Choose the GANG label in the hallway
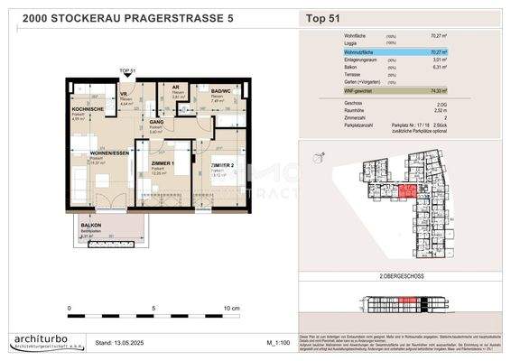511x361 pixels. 155,121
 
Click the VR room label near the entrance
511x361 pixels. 125,94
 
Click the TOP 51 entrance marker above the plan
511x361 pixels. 126,70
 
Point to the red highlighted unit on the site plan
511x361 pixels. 408,190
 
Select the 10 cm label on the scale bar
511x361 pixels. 231,309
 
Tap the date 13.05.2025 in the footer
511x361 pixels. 121,344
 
